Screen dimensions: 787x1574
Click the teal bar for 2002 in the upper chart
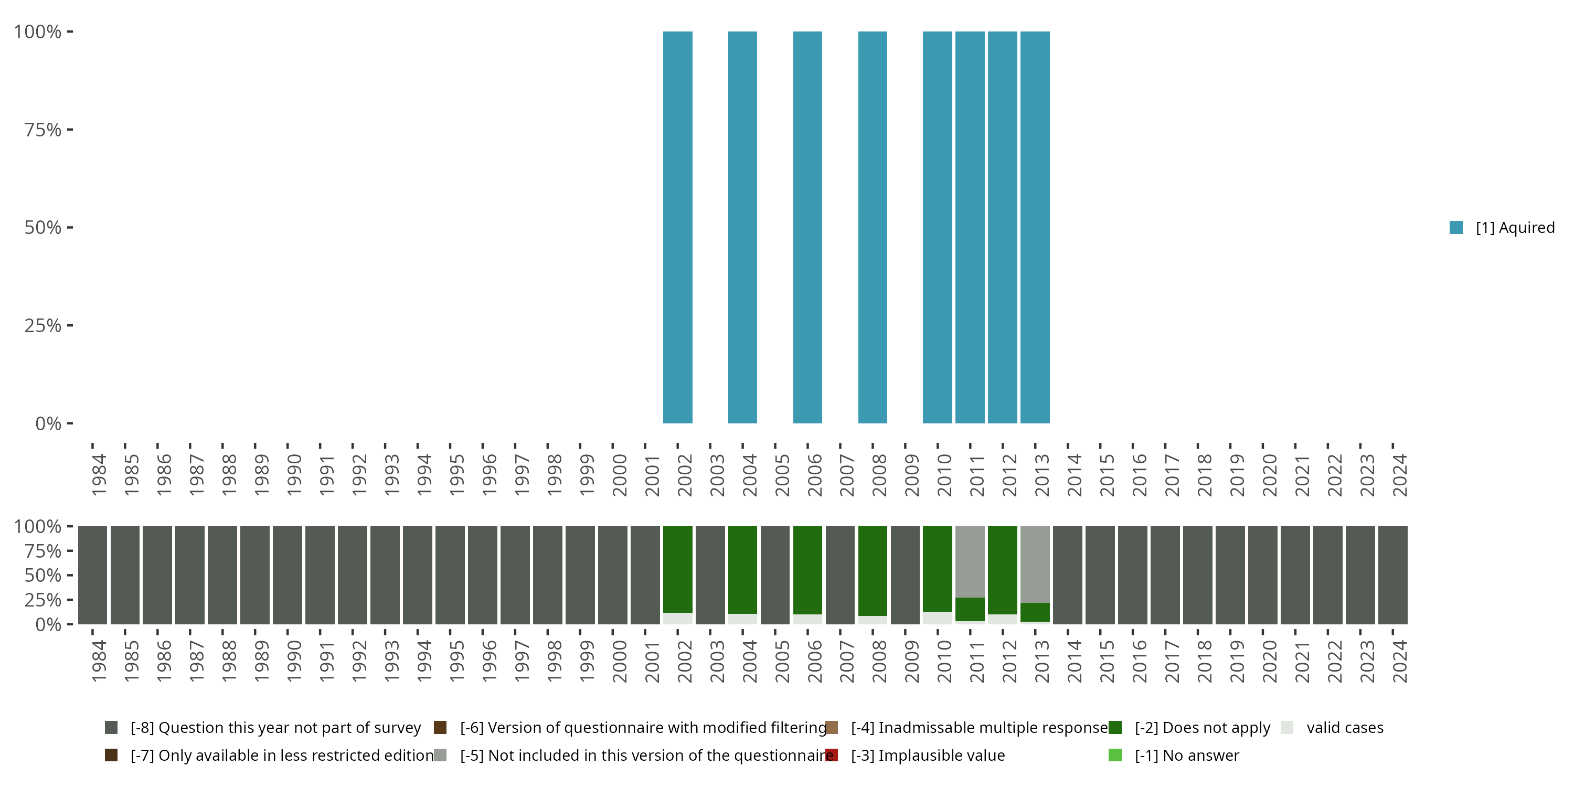coord(678,227)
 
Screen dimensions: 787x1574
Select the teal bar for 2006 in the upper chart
coord(807,227)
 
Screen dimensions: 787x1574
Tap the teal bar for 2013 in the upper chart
coord(1035,227)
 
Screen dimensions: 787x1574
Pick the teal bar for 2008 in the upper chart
coord(873,227)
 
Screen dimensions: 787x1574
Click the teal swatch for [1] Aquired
coord(1456,227)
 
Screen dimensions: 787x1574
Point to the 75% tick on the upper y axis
coord(70,130)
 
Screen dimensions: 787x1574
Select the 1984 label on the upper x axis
coord(99,475)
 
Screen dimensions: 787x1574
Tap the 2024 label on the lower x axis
coord(1399,661)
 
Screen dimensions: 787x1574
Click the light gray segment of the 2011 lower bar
coord(970,561)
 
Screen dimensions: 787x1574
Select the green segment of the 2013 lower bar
coord(1035,612)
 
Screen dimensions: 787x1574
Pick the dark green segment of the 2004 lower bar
coord(742,569)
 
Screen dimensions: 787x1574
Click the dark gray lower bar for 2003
coord(710,575)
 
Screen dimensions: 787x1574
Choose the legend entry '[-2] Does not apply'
coord(1202,728)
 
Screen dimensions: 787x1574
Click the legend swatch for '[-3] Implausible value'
coord(832,755)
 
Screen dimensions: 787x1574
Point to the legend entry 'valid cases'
coord(1344,728)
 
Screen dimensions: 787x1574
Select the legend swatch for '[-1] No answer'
coord(1115,755)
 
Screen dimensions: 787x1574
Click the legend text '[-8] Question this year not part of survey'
coord(275,728)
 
